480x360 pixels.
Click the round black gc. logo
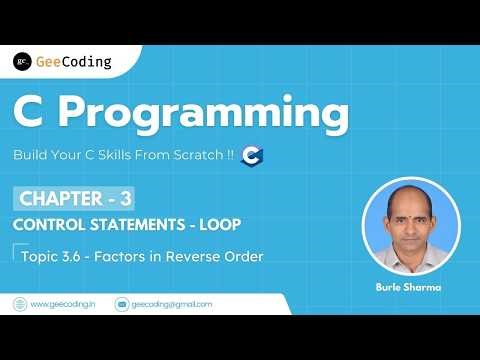coord(21,62)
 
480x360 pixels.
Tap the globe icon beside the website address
coord(20,303)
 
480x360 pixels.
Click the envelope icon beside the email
coord(122,303)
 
